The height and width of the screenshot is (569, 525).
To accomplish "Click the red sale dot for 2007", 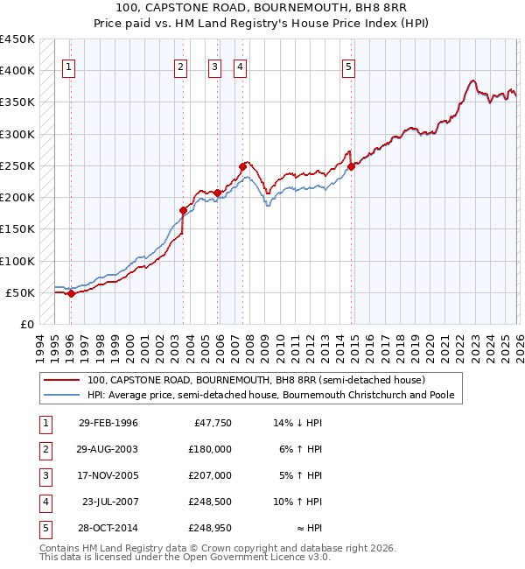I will point(242,165).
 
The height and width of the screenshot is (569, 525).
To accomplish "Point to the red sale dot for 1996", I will point(71,294).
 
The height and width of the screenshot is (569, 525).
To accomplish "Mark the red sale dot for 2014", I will point(351,166).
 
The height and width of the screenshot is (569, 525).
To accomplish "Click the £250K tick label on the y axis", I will point(17,165).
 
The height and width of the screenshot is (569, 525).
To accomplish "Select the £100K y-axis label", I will point(17,261).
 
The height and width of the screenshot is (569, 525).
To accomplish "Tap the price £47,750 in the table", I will point(211,423).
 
